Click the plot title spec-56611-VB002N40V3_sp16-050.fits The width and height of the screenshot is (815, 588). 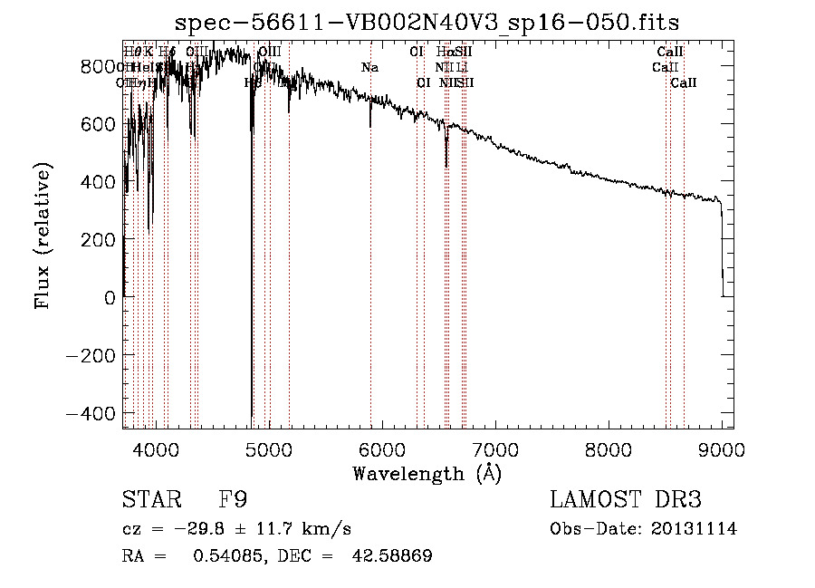tap(427, 22)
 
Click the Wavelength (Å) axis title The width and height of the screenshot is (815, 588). tap(427, 473)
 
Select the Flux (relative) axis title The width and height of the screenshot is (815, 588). tap(42, 236)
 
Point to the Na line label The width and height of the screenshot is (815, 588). tap(369, 68)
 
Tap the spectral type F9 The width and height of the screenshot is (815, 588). tap(233, 500)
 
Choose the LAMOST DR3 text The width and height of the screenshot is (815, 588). tap(626, 500)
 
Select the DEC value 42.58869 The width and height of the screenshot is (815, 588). tap(392, 556)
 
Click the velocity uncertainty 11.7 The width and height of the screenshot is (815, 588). tap(290, 529)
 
